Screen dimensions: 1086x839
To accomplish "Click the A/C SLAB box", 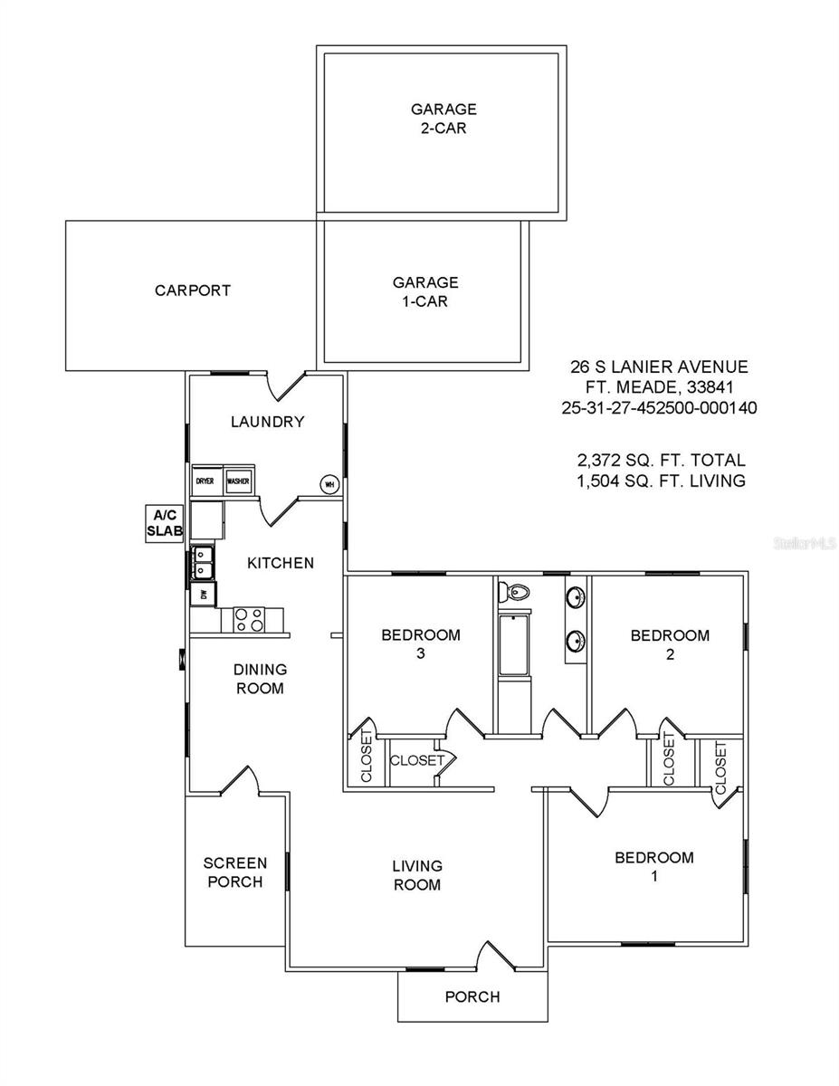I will [165, 524].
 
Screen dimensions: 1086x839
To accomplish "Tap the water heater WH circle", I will [329, 484].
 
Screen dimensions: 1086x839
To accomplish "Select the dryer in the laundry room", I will [205, 481].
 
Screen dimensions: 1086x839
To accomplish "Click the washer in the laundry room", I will [239, 481].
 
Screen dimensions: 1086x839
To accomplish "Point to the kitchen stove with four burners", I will [250, 620].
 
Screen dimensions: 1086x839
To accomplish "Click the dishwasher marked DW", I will [204, 595].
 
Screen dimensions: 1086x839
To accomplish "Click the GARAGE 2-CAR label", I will [443, 119].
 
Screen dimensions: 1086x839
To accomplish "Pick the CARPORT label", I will [192, 291].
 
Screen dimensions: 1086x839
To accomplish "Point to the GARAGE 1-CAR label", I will [425, 291].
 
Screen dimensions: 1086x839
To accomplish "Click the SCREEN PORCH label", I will [235, 872].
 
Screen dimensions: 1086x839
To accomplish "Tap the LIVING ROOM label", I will [416, 875].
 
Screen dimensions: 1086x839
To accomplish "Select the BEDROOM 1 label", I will [653, 866].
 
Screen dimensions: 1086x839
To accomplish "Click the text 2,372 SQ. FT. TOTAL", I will [661, 461].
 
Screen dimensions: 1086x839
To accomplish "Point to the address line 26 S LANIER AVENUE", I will [659, 367].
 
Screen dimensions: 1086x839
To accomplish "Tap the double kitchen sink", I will [202, 564].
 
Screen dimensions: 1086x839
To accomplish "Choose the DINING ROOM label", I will [261, 679].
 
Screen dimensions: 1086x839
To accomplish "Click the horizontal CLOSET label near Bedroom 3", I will [416, 760].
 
